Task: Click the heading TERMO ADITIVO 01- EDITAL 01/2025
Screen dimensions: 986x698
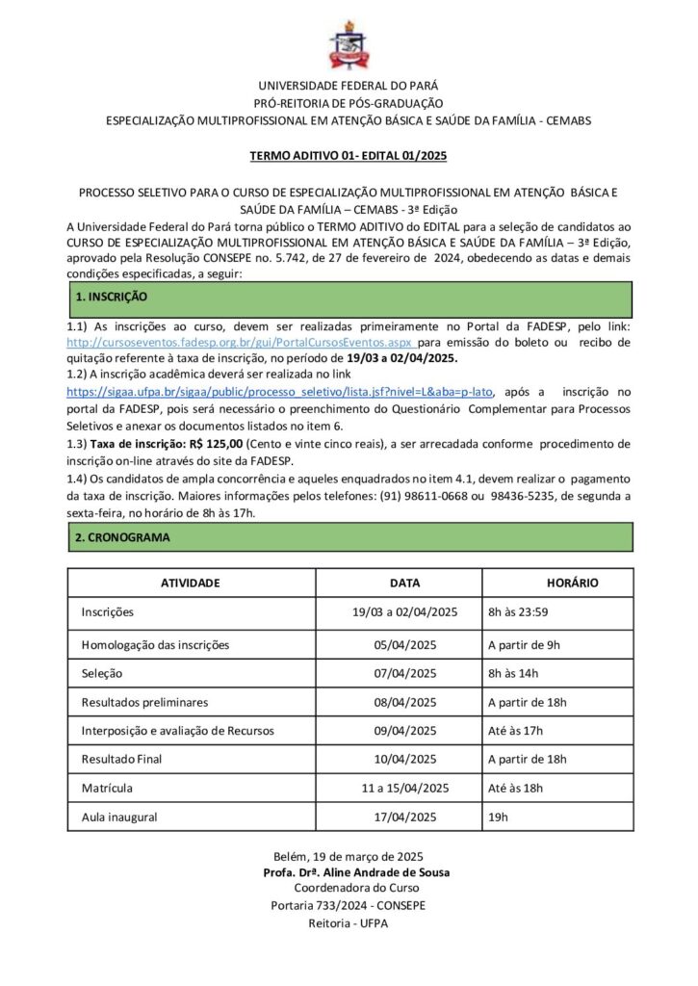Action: (349, 155)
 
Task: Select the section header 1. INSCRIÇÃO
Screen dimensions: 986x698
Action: (112, 298)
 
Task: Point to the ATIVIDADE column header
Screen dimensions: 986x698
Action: (191, 583)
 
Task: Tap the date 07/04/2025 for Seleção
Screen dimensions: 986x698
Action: (405, 673)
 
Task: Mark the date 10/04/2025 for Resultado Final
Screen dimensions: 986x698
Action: (405, 759)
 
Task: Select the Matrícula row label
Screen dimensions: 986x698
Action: (108, 788)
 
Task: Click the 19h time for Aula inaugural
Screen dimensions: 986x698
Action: (498, 817)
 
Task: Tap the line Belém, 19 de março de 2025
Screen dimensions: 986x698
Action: (349, 856)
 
